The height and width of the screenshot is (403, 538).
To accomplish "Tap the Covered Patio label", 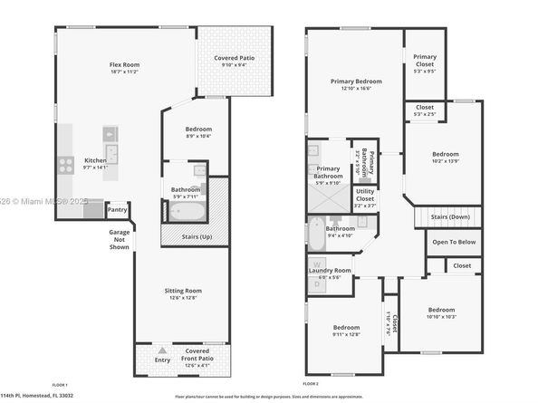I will [x=234, y=58].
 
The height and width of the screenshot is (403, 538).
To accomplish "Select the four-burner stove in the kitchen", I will [x=66, y=165].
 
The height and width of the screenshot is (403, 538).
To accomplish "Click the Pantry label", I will [x=118, y=209].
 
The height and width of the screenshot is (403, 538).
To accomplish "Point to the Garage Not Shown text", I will [x=119, y=239].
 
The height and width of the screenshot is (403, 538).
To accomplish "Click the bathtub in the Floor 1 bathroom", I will [x=187, y=211].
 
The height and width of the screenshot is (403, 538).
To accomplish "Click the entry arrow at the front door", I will [x=161, y=350].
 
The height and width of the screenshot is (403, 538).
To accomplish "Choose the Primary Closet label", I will [x=425, y=59].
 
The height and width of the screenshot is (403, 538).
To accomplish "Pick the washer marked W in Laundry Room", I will [x=316, y=265].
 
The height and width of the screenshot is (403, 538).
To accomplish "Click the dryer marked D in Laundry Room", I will [x=316, y=283].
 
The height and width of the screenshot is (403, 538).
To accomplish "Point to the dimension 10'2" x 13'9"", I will [x=445, y=160].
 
